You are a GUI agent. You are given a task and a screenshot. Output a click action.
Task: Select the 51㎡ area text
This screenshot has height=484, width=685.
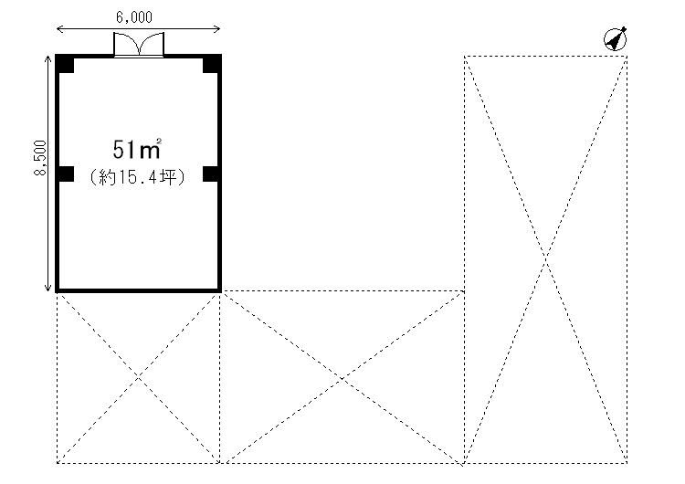click(137, 148)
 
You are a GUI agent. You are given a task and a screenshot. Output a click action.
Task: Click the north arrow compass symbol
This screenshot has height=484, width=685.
click(616, 38)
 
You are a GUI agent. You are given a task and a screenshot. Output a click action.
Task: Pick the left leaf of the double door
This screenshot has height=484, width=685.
click(125, 46)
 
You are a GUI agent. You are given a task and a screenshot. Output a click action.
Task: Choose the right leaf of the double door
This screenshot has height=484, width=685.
click(151, 46)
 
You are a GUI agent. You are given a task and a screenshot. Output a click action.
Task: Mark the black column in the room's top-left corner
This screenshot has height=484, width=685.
click(65, 63)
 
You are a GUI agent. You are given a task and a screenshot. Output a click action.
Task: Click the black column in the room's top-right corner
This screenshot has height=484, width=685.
click(211, 63)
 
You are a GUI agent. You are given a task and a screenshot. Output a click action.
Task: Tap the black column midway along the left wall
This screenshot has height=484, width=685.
click(65, 174)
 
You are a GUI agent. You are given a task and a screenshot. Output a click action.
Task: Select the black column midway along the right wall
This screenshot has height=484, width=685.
click(211, 174)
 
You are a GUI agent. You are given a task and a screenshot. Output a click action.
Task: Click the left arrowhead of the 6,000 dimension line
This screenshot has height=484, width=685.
click(59, 29)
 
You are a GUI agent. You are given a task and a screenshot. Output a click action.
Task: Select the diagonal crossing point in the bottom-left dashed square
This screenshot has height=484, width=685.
click(139, 377)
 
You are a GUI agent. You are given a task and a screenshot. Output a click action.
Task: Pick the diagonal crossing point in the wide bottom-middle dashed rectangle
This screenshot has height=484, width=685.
click(343, 377)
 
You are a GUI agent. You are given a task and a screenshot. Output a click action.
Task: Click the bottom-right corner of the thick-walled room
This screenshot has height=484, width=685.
click(219, 290)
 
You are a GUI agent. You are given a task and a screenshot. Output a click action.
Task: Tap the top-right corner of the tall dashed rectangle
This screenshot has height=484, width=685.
click(627, 57)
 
